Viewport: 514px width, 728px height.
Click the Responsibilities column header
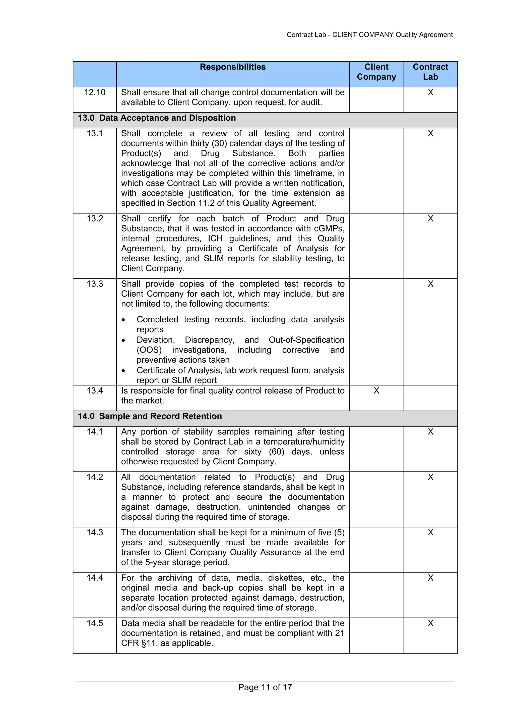tap(232, 67)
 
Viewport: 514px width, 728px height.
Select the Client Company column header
tap(376, 72)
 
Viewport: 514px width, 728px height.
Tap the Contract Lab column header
tap(430, 72)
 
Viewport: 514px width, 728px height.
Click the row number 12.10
tap(95, 92)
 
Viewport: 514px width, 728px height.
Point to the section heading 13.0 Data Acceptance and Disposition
tap(157, 118)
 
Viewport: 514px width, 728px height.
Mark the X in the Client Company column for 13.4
tap(376, 391)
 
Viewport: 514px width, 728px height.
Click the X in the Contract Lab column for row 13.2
tap(430, 218)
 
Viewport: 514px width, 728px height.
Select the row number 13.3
tap(95, 284)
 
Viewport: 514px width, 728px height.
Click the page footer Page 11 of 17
tap(265, 687)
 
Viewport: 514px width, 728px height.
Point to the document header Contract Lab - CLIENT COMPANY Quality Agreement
tap(369, 35)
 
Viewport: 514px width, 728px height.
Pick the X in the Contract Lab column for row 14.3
tap(430, 532)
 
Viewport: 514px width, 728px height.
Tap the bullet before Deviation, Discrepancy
tap(123, 340)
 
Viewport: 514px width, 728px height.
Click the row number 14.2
tap(95, 477)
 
